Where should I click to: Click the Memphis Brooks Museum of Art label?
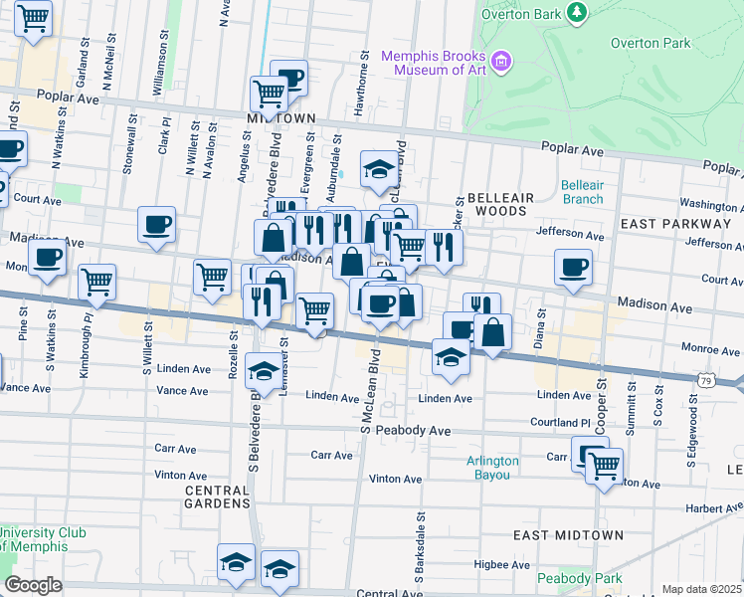click(436, 63)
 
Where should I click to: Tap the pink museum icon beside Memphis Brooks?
click(501, 63)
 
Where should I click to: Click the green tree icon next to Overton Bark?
click(575, 12)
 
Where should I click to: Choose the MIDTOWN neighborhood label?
click(274, 117)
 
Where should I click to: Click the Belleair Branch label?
click(582, 192)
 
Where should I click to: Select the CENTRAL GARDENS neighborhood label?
click(217, 497)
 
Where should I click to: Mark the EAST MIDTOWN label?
click(568, 535)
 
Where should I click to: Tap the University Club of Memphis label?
click(43, 539)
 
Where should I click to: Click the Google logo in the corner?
click(33, 585)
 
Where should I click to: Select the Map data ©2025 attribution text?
click(701, 589)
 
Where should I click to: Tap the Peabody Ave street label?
click(423, 431)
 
